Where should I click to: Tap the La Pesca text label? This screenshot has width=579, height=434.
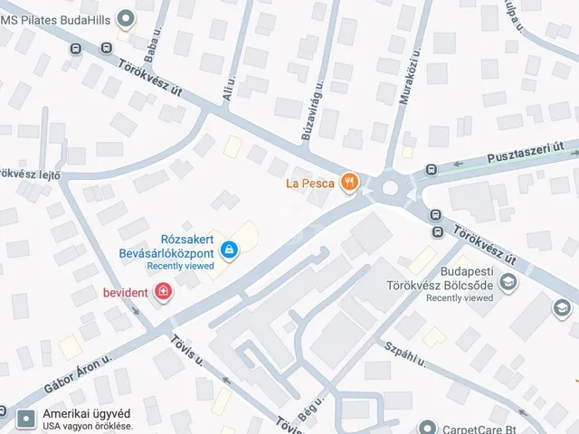pyautogui.click(x=309, y=184)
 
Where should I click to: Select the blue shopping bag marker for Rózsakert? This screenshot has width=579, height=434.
pyautogui.click(x=230, y=248)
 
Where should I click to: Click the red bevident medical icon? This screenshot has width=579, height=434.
pyautogui.click(x=163, y=292)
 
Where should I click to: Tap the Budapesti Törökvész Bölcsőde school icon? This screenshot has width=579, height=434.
pyautogui.click(x=508, y=283)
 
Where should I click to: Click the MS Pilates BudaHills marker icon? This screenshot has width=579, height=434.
pyautogui.click(x=125, y=17)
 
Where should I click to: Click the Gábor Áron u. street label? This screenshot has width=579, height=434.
pyautogui.click(x=77, y=372)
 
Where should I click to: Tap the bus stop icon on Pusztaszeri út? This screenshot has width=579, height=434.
pyautogui.click(x=432, y=169)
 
